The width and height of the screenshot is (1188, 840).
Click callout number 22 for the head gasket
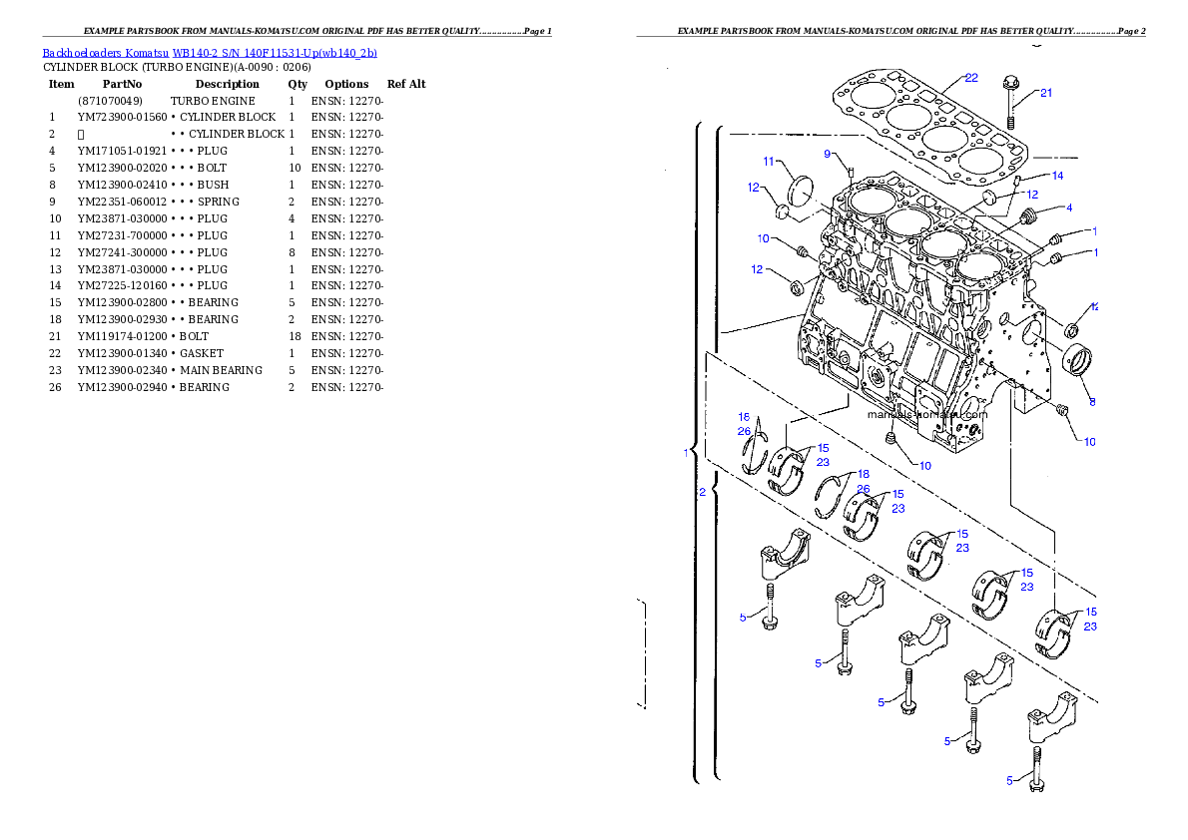pyautogui.click(x=971, y=78)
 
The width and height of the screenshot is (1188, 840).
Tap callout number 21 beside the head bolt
pyautogui.click(x=1046, y=94)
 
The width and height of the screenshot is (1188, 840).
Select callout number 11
pyautogui.click(x=769, y=161)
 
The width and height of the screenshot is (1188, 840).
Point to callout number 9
pyautogui.click(x=828, y=154)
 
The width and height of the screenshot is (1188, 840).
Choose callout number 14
pyautogui.click(x=1057, y=176)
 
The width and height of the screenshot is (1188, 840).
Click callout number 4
pyautogui.click(x=1069, y=209)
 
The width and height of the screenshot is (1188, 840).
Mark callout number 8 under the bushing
pyautogui.click(x=1092, y=403)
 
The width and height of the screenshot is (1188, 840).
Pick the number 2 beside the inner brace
pyautogui.click(x=702, y=492)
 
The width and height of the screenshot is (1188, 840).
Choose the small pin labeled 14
pyautogui.click(x=1018, y=183)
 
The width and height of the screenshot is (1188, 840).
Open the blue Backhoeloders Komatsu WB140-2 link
pyautogui.click(x=210, y=53)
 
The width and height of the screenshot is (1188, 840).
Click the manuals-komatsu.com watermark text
pyautogui.click(x=926, y=414)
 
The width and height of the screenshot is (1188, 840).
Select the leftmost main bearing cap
pyautogui.click(x=784, y=555)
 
